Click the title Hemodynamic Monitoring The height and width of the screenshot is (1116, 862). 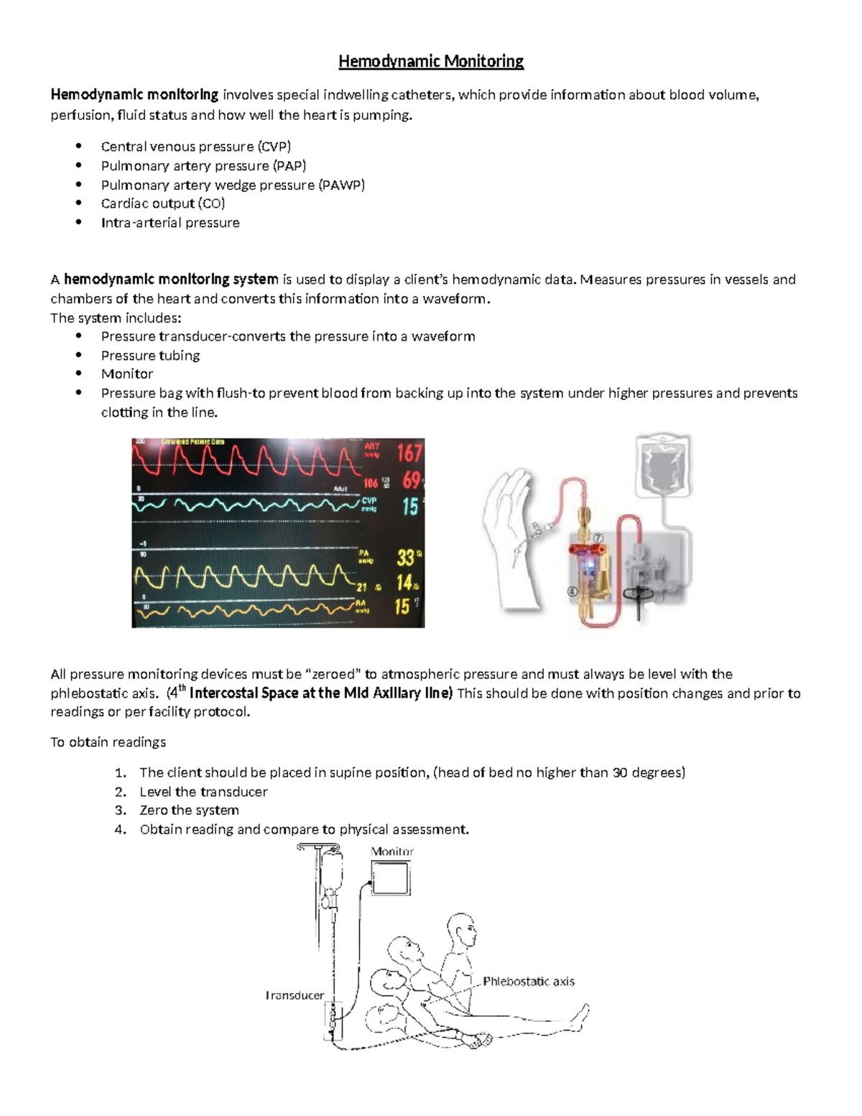(431, 62)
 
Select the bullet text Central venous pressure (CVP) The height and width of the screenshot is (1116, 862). (195, 147)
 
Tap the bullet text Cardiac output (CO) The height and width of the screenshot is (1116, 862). (162, 203)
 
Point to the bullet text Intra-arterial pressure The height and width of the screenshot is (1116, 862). (170, 223)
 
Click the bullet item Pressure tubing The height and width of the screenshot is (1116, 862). (150, 355)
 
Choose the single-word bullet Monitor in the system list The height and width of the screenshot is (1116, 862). (126, 374)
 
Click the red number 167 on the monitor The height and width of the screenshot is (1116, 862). (409, 453)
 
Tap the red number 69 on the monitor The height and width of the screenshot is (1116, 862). (412, 480)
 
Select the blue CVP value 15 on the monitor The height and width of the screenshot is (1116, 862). (410, 507)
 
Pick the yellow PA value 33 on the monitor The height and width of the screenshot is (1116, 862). (406, 558)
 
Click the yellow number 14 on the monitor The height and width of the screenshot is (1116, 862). (404, 582)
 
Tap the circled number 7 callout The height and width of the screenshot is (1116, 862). (597, 538)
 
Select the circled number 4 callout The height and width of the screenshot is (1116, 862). (573, 592)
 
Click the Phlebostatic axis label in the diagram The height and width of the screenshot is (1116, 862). (528, 982)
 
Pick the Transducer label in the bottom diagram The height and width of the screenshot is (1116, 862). (295, 995)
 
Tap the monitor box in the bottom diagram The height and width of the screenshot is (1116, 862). (391, 877)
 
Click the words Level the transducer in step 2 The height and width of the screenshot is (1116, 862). (203, 792)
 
